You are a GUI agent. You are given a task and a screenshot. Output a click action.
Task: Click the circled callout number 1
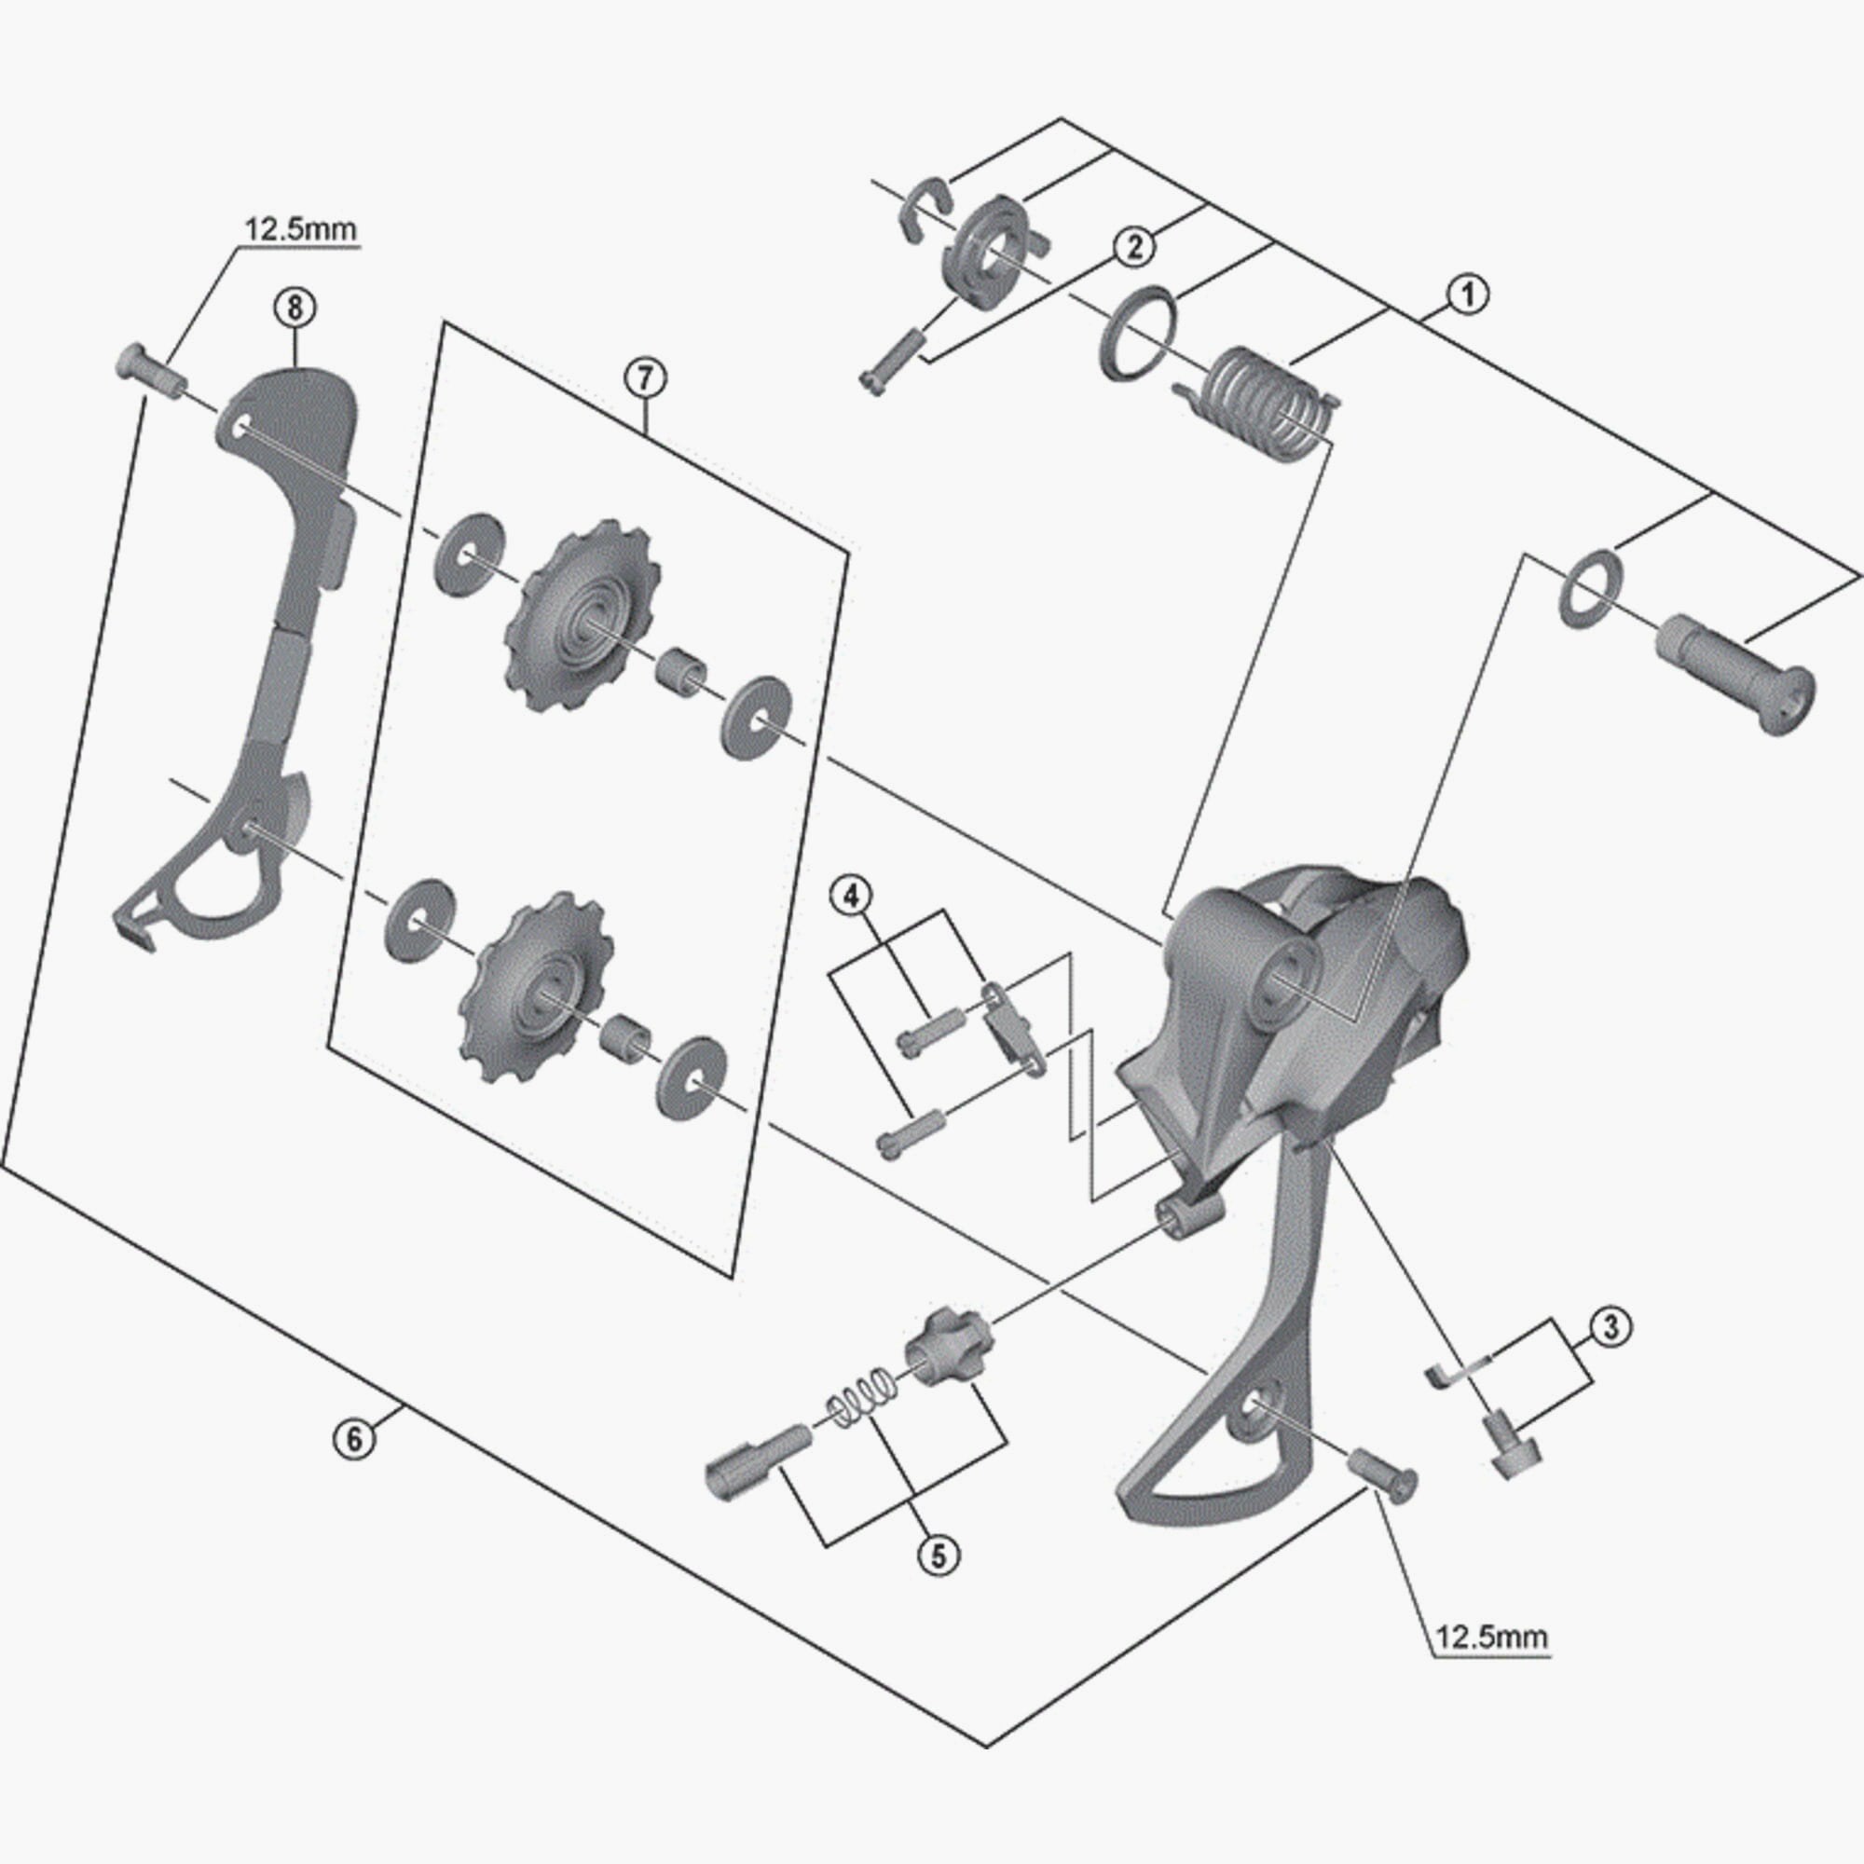(x=1469, y=295)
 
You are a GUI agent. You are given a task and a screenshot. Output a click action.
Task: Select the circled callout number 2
(x=1133, y=246)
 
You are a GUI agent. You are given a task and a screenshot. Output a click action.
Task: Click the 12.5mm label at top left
(x=299, y=229)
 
